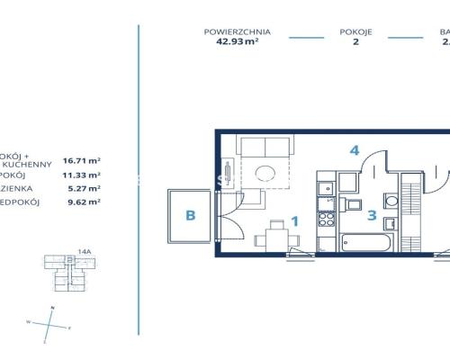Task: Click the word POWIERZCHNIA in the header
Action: click(x=237, y=31)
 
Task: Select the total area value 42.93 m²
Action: click(x=237, y=40)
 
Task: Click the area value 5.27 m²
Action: click(x=83, y=188)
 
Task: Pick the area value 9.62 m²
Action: click(x=83, y=202)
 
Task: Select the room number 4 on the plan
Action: click(x=355, y=150)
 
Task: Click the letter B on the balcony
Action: click(x=190, y=215)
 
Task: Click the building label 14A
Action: click(x=85, y=252)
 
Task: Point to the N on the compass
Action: click(x=52, y=309)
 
